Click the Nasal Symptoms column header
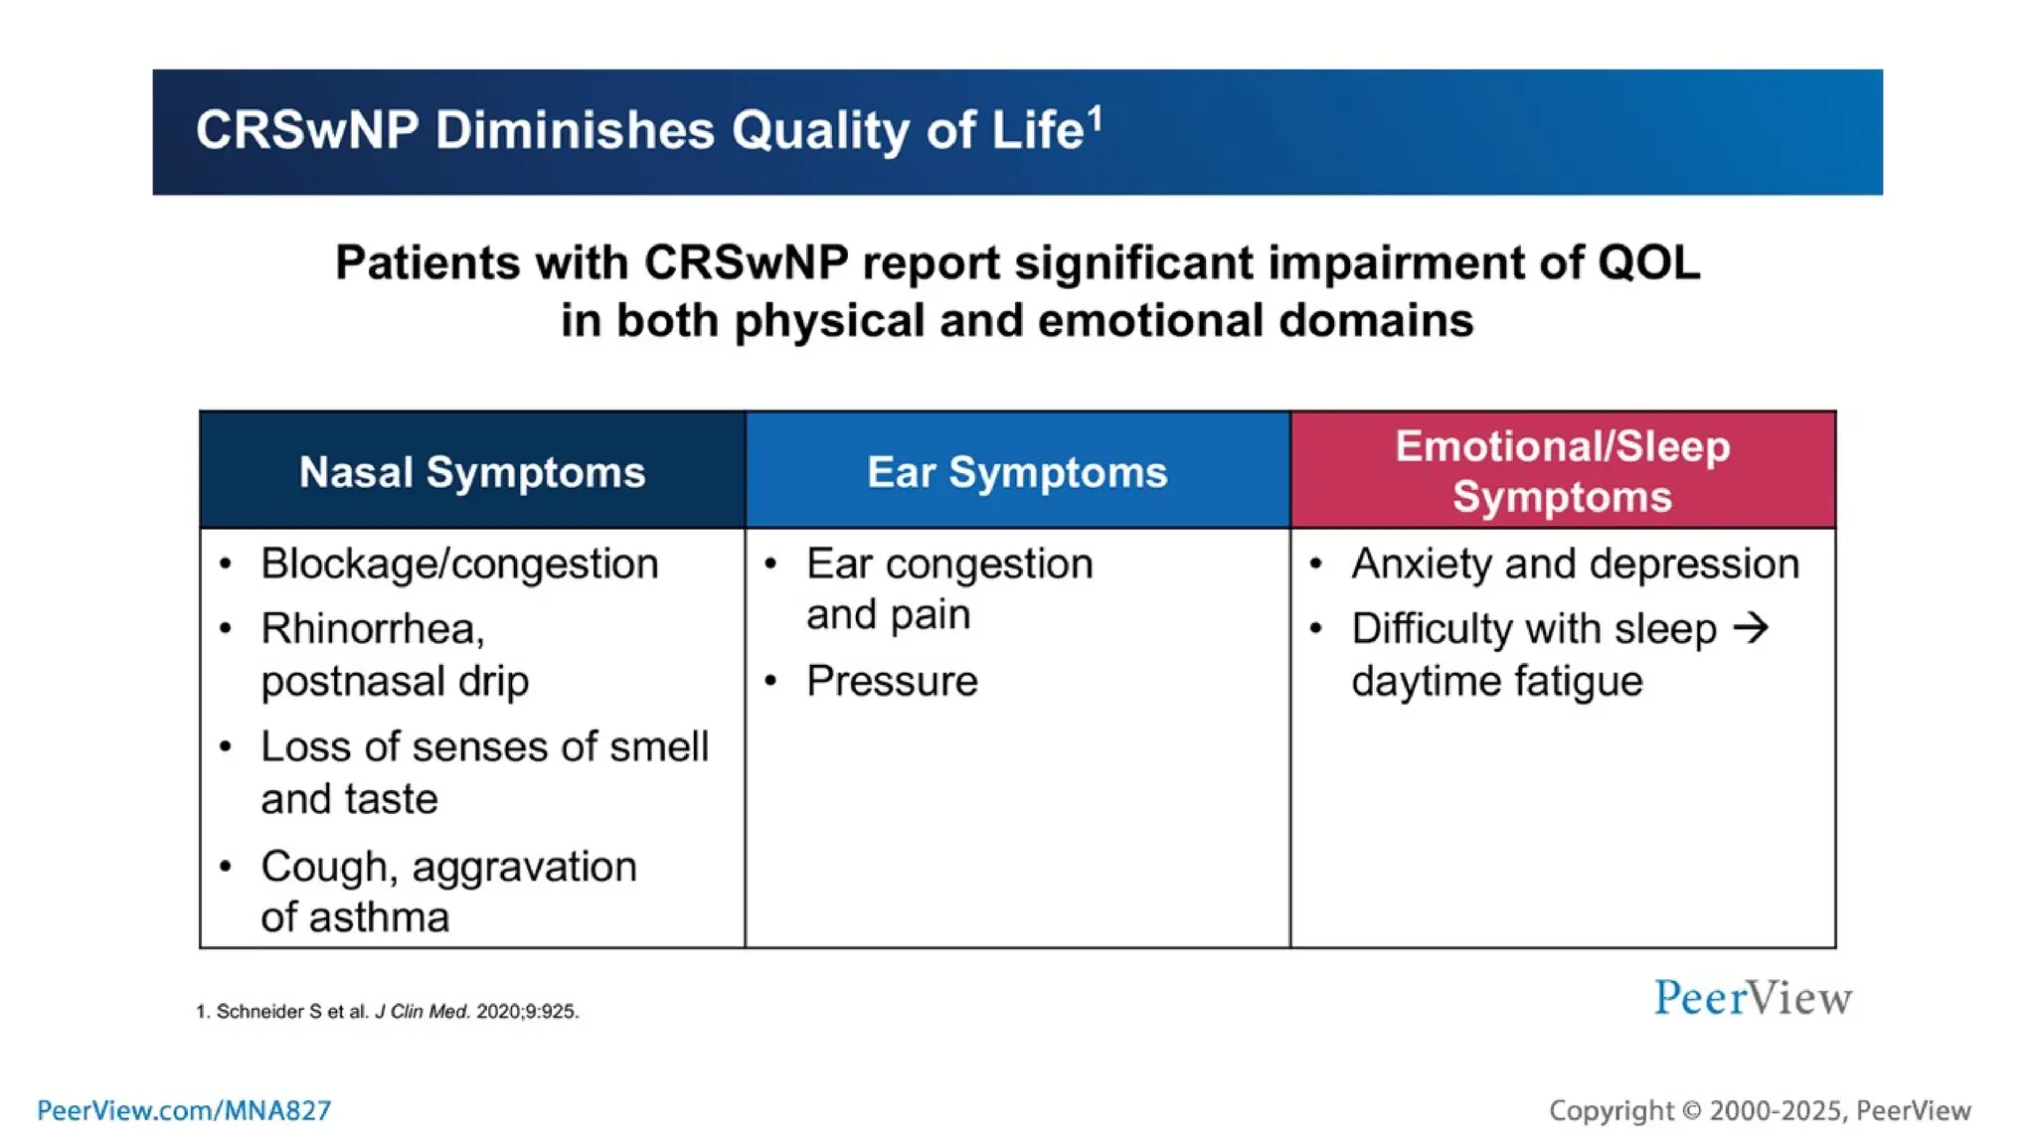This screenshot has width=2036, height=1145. pos(472,472)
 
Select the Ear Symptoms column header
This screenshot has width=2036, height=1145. pos(1017,472)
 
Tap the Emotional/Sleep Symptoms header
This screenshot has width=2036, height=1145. pos(1562,471)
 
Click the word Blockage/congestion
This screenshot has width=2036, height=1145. pos(459,565)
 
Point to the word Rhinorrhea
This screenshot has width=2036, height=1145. pos(372,629)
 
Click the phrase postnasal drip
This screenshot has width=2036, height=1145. pos(395,682)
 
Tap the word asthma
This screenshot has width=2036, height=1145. pos(379,917)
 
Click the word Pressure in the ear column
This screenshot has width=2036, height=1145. pos(892,682)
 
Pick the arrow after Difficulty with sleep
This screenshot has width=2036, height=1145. pos(1751,628)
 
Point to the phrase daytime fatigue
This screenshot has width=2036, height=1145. pos(1496,682)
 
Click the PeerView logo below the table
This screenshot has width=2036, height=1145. pos(1753,998)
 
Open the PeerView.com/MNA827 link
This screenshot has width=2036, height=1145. pos(184,1110)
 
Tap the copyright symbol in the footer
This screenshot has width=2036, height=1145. pos(1691,1111)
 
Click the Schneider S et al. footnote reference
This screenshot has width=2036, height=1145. pos(388,1012)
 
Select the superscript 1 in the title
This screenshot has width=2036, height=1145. pos(1095,118)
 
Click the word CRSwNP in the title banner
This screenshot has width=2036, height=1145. pos(306,130)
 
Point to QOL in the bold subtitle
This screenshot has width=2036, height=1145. pos(1648,263)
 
